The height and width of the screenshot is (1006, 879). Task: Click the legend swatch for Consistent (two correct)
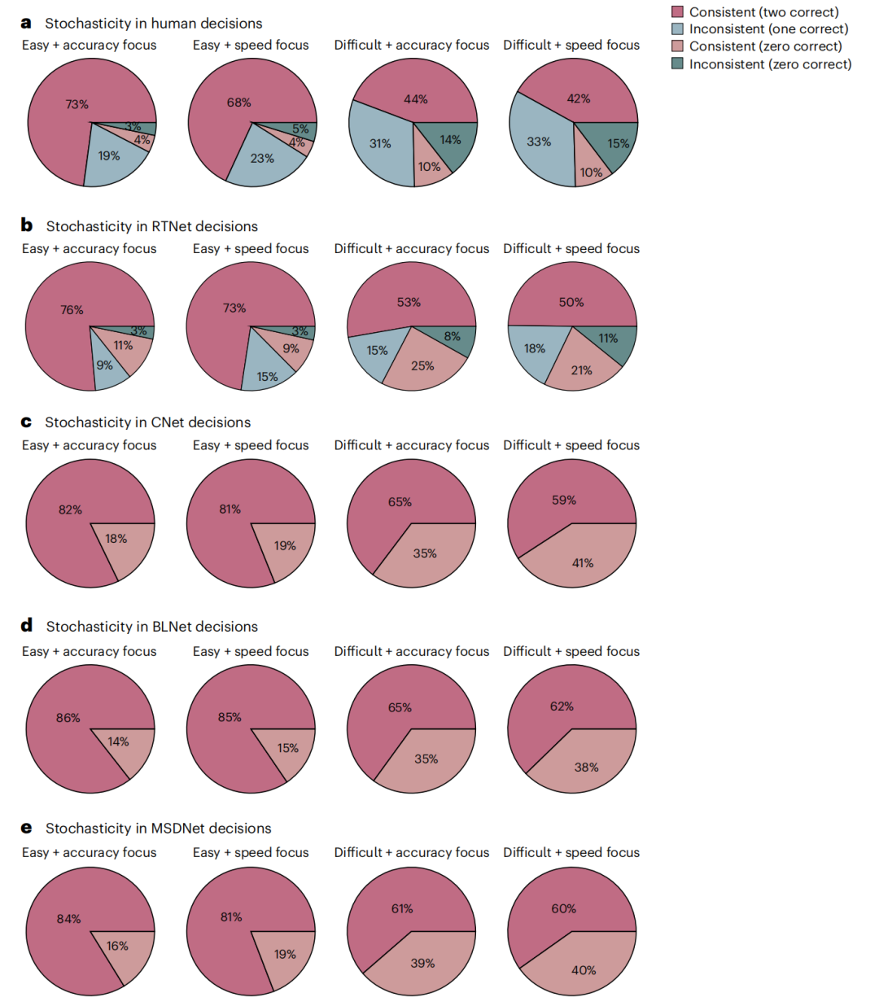click(x=677, y=11)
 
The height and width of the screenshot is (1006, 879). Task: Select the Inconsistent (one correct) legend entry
click(x=768, y=29)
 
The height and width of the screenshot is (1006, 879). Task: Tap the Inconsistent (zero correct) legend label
click(x=770, y=64)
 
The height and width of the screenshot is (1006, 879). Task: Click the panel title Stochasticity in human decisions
click(x=153, y=24)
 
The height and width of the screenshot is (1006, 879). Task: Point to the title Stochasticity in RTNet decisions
click(x=151, y=226)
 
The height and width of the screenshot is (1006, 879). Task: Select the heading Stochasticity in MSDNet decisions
click(x=158, y=829)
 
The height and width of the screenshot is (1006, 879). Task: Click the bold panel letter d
click(x=27, y=625)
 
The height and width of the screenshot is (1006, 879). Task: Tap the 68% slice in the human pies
click(x=232, y=106)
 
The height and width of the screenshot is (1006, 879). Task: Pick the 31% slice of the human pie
click(x=379, y=143)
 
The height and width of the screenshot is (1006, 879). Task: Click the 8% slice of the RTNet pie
click(x=453, y=336)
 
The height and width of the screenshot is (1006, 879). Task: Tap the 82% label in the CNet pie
click(x=70, y=510)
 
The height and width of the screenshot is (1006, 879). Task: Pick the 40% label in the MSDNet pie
click(x=584, y=970)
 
